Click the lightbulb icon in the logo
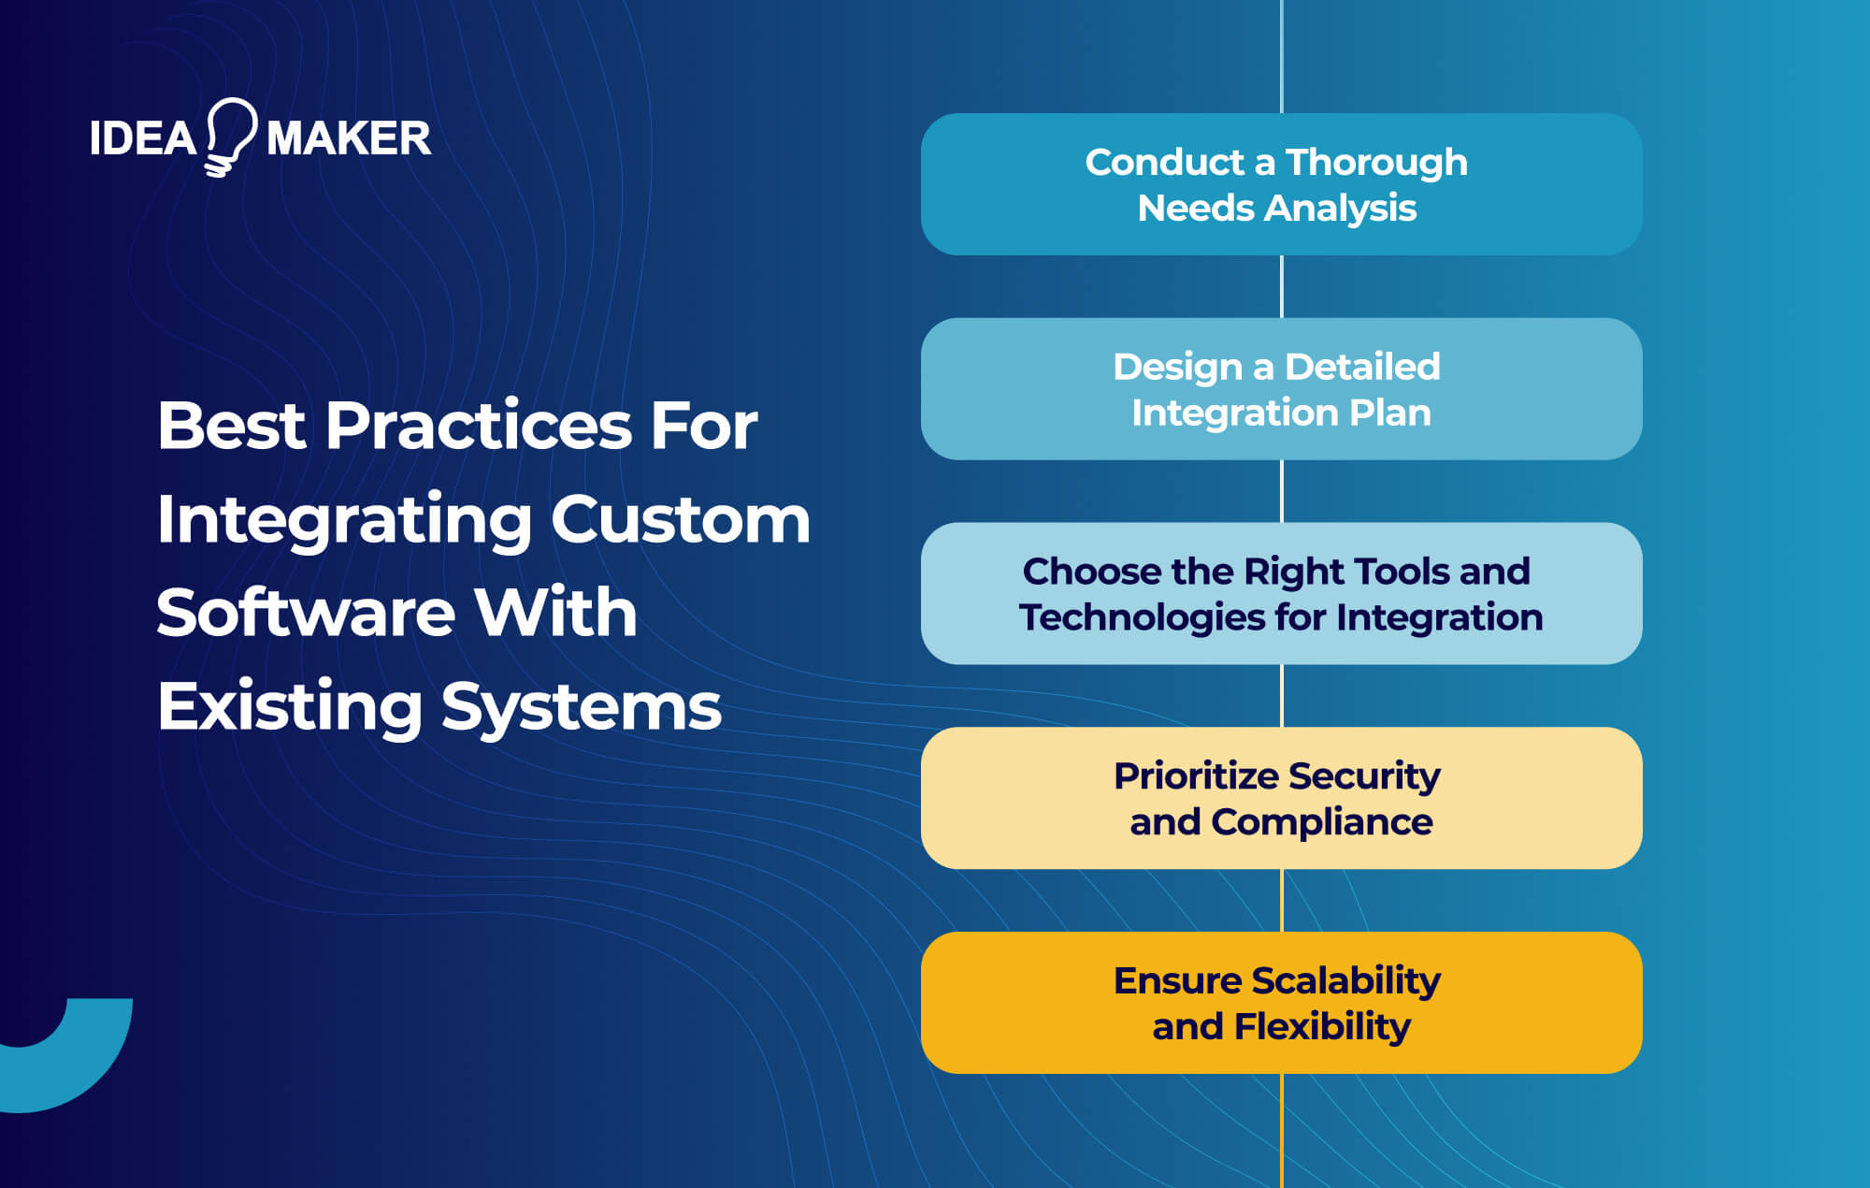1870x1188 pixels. point(230,136)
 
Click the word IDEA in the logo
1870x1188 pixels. point(142,138)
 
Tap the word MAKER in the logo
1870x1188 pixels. point(349,138)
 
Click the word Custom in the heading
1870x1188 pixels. point(680,519)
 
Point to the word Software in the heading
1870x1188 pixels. point(305,613)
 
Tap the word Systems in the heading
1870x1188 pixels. point(581,707)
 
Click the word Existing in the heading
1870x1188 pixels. point(290,707)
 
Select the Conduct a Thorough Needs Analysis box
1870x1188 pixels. point(1281,184)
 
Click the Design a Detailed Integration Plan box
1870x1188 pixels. point(1281,388)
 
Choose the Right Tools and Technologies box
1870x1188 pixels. point(1281,593)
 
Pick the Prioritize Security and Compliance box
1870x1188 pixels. point(1281,798)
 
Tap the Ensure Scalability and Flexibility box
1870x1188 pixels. point(1281,1002)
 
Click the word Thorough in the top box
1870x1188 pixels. point(1376,163)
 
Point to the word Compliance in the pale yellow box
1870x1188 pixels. point(1321,822)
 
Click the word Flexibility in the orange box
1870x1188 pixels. point(1322,1027)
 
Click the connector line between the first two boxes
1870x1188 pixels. point(1281,286)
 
